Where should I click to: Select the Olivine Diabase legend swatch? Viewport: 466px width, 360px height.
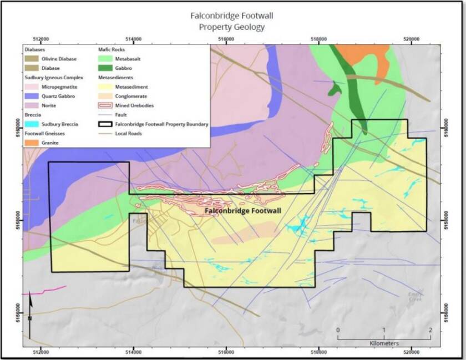coord(32,58)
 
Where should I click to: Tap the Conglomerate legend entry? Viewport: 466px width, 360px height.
coord(120,95)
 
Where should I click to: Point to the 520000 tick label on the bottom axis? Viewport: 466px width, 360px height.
coord(411,351)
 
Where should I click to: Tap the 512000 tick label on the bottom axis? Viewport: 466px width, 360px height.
coord(41,351)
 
